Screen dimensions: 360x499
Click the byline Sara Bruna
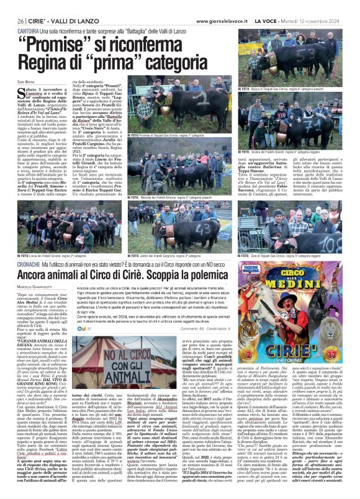click(x=26, y=81)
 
